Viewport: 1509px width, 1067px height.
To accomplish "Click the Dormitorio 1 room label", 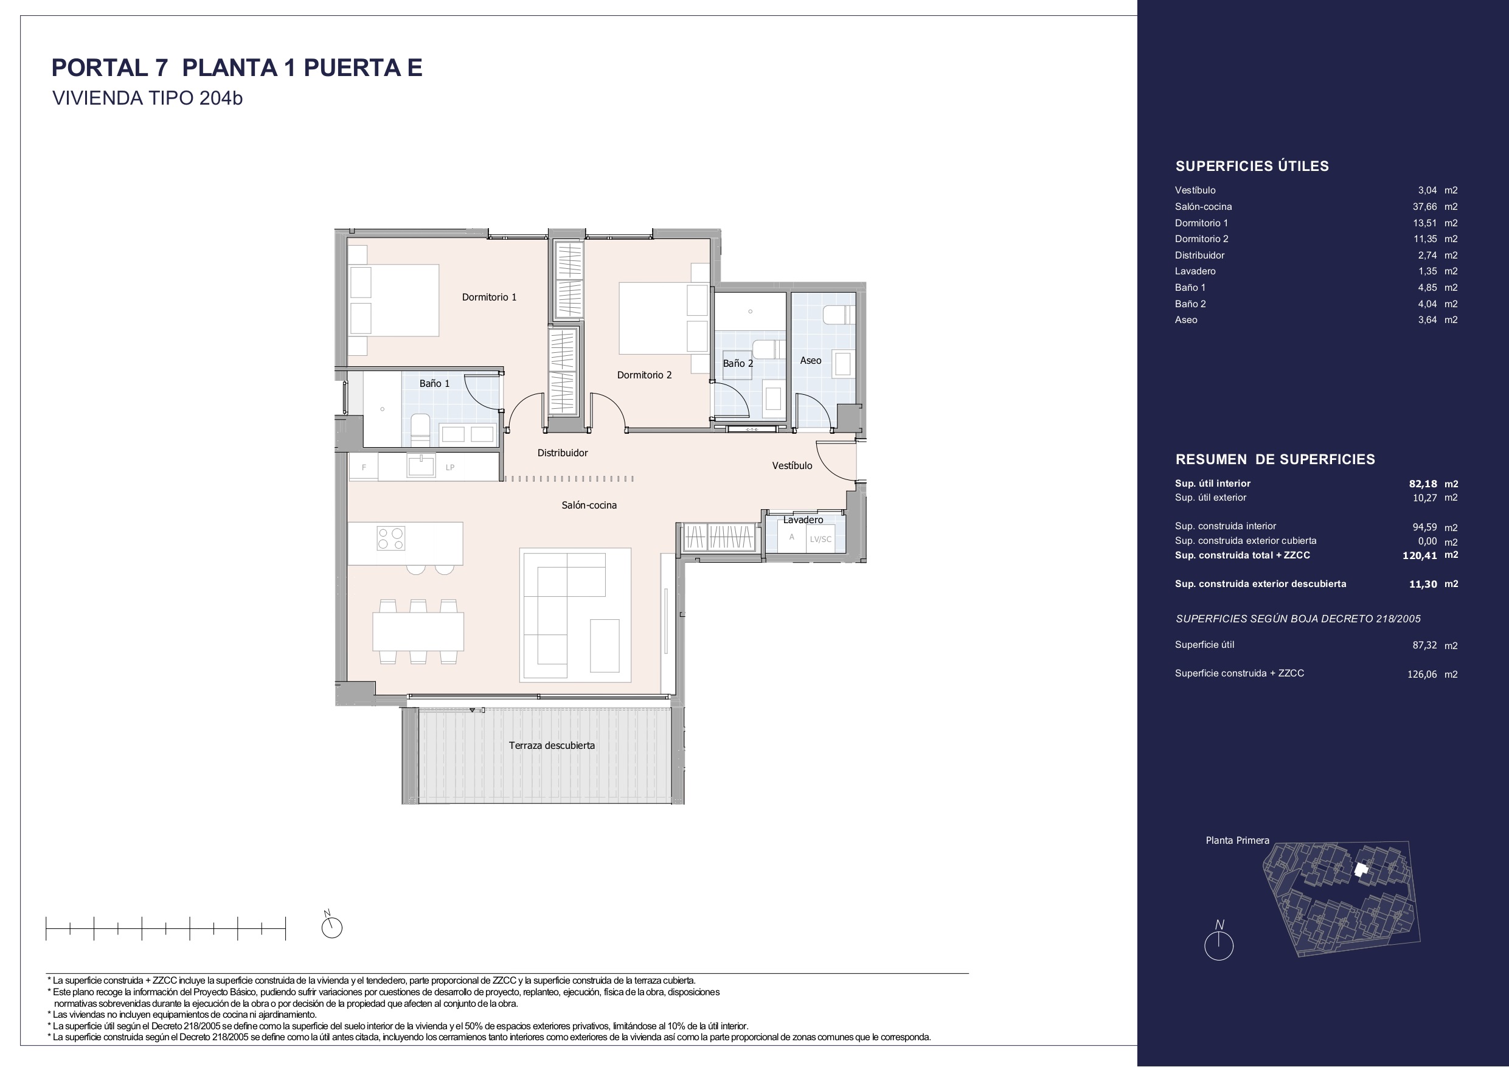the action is point(489,297).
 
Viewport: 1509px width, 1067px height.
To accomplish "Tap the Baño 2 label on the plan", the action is point(738,364).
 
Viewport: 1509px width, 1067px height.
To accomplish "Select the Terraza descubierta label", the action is point(552,746).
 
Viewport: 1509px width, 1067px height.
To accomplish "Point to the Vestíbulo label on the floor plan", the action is point(792,465).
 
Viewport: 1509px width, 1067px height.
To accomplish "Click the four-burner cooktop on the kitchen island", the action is point(390,538).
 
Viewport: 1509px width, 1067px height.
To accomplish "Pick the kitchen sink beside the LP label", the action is point(421,465).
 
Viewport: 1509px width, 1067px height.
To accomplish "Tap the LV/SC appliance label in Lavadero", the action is point(820,540).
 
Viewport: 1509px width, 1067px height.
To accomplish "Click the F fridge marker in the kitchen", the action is point(364,468).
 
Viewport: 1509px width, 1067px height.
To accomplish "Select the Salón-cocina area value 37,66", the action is point(1425,206).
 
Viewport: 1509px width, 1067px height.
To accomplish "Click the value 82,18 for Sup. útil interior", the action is point(1423,484).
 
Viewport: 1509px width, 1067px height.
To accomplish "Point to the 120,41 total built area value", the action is point(1420,555).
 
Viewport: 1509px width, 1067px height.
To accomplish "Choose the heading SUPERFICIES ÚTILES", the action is point(1252,166).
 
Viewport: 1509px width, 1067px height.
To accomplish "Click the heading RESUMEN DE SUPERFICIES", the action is point(1275,459).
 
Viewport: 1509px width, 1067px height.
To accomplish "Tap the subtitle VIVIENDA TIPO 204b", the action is point(147,98).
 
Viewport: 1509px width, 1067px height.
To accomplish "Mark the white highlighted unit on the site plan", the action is point(1361,870).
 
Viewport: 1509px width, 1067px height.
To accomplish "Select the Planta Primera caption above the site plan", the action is point(1238,840).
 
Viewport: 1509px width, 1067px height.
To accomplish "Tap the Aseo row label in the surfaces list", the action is point(1186,320).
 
